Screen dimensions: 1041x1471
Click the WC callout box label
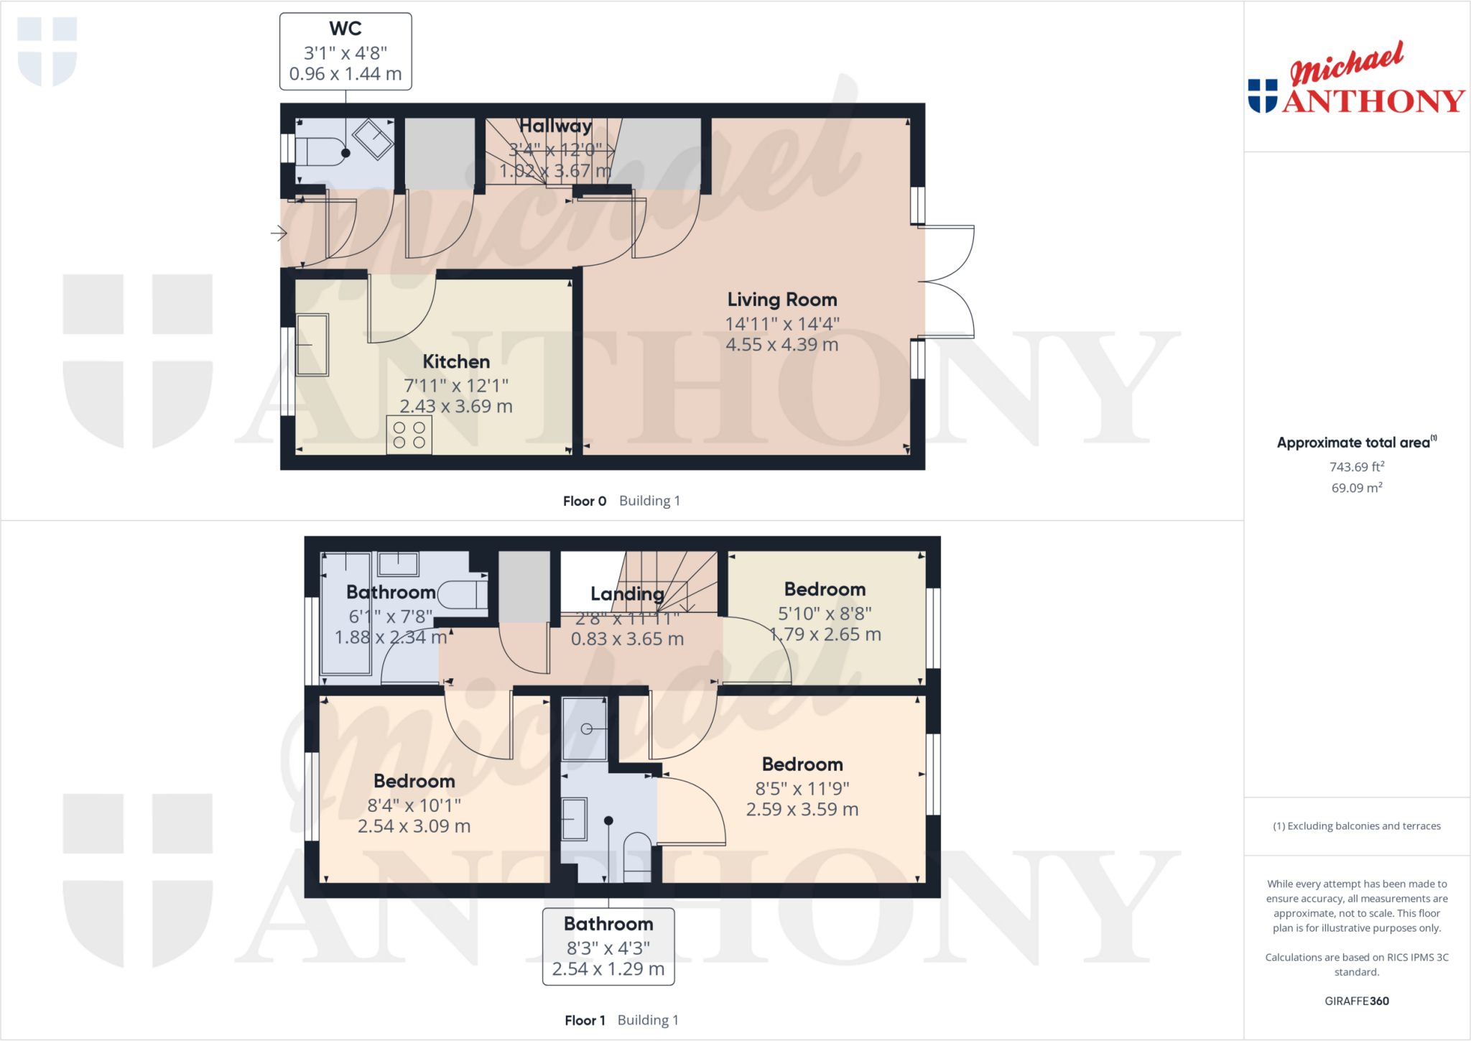[345, 51]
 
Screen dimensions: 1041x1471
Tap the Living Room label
[781, 300]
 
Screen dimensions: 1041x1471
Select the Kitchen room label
[456, 361]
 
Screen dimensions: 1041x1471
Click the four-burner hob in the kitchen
[409, 435]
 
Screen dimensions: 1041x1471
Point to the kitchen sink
[312, 345]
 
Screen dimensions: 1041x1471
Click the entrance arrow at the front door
[279, 233]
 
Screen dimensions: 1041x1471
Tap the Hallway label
[555, 126]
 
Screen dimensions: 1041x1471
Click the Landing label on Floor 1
[626, 593]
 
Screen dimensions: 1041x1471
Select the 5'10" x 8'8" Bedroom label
[825, 590]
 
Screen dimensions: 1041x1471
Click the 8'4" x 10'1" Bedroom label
[414, 781]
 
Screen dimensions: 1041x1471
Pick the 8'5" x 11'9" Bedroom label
[802, 764]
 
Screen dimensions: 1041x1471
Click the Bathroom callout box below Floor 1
[608, 946]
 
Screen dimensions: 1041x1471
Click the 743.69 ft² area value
[1356, 467]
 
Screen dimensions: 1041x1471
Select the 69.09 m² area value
[1356, 488]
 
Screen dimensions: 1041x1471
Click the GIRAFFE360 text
[1356, 1001]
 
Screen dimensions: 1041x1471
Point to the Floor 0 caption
[585, 501]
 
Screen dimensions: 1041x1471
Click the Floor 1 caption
[585, 1020]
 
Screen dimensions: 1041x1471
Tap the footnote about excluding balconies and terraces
[1356, 826]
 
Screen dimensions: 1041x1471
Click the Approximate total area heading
[1355, 443]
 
